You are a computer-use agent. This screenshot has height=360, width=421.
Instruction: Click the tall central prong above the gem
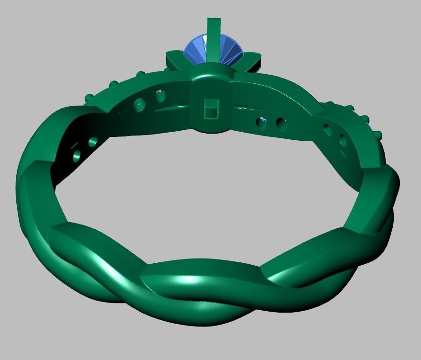click(213, 31)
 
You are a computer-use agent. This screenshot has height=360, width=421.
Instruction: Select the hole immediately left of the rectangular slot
click(160, 96)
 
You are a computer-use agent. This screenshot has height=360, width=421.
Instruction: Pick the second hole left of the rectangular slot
click(139, 105)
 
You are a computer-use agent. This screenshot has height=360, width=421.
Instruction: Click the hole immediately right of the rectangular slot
click(262, 123)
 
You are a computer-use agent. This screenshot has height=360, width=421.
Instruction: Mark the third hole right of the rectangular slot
click(327, 129)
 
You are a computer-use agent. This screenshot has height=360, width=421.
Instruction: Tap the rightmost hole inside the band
click(343, 140)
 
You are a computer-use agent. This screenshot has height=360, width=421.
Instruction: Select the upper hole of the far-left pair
click(93, 142)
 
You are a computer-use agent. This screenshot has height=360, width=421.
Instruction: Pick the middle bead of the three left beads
click(114, 84)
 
